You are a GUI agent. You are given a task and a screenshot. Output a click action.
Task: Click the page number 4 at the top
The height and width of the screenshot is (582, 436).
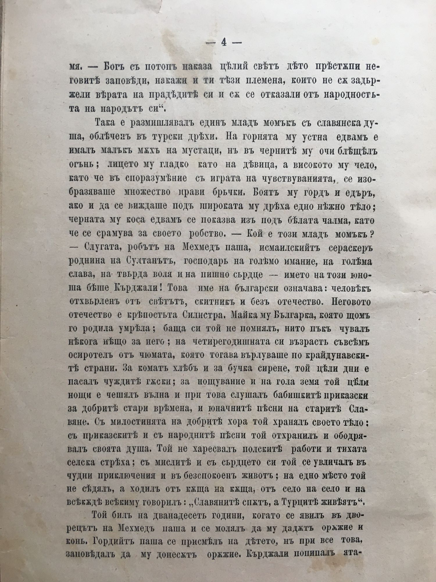click(224, 42)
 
